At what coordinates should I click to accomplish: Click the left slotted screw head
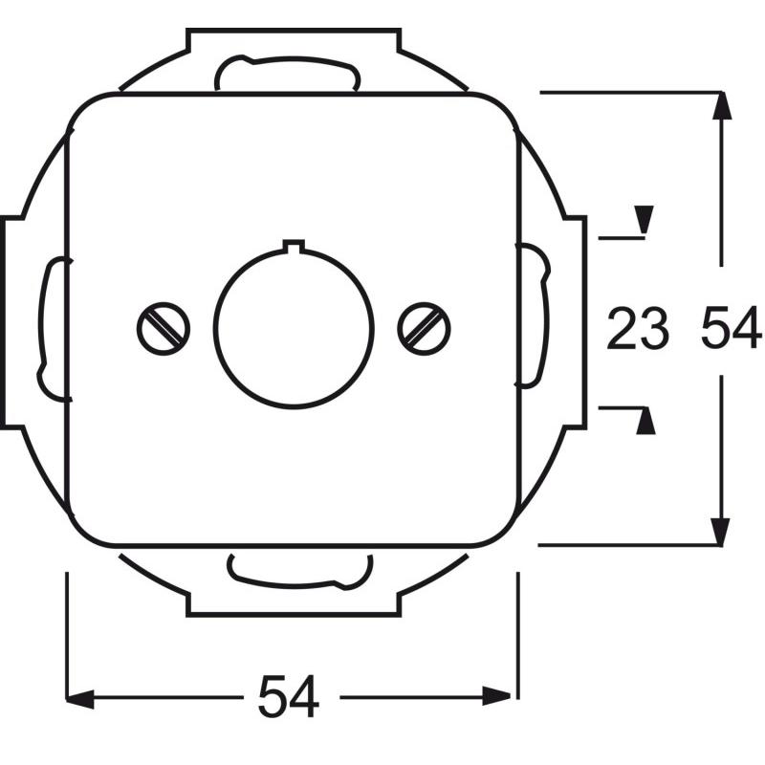(x=164, y=328)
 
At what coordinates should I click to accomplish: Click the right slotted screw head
(x=424, y=328)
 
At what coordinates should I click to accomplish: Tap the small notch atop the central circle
(x=294, y=247)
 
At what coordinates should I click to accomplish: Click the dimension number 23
(x=637, y=329)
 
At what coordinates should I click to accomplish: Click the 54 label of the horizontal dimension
(x=289, y=696)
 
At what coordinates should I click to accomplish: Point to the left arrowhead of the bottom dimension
(x=79, y=698)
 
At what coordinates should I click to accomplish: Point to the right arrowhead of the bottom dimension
(x=496, y=696)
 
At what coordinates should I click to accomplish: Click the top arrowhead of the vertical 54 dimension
(x=722, y=105)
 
